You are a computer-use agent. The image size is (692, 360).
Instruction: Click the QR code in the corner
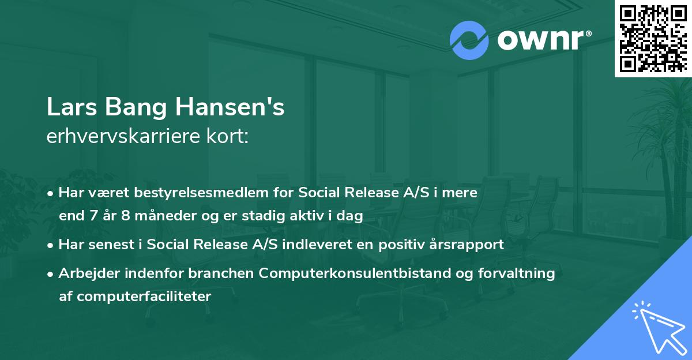[653, 38]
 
